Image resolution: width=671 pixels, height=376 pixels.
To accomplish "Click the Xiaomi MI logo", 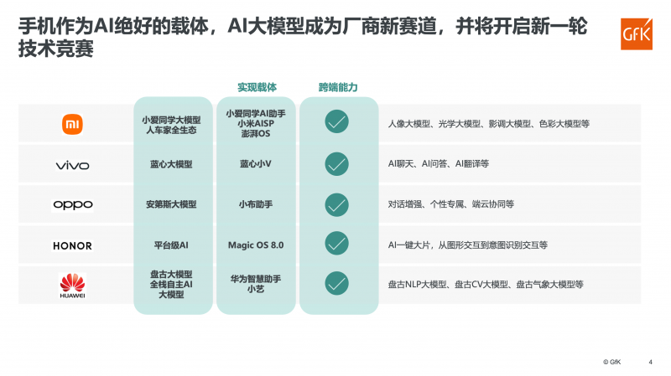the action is click(73, 125).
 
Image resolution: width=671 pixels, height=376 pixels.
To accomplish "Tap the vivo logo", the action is click(73, 165).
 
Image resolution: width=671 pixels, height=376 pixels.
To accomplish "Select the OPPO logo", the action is click(73, 205).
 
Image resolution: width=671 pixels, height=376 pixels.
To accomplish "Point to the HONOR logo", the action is click(73, 245).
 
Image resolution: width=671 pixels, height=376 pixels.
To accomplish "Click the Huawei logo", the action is click(73, 286).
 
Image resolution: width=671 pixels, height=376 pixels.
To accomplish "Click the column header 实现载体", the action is click(257, 87).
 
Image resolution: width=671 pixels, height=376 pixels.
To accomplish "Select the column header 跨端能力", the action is click(337, 87).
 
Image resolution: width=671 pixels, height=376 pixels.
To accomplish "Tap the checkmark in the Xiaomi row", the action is click(336, 122).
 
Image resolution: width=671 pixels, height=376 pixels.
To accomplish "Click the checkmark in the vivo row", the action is click(336, 163).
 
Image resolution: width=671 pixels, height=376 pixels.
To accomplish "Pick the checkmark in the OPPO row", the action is click(336, 203).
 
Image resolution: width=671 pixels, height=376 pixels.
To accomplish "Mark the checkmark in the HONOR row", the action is click(336, 244).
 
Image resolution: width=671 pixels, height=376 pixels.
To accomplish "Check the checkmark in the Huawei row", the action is click(336, 284).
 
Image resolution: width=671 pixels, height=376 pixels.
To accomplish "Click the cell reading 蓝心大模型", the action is click(172, 164).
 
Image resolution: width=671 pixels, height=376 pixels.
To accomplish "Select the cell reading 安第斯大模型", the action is click(172, 204).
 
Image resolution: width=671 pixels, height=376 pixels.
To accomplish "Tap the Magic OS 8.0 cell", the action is click(256, 245).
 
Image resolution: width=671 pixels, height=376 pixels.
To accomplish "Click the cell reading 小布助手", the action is click(256, 204).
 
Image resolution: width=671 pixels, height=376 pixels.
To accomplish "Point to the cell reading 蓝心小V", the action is click(256, 164).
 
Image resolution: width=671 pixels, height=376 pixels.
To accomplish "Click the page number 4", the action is click(651, 362).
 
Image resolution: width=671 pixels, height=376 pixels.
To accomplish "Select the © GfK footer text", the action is click(613, 362).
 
